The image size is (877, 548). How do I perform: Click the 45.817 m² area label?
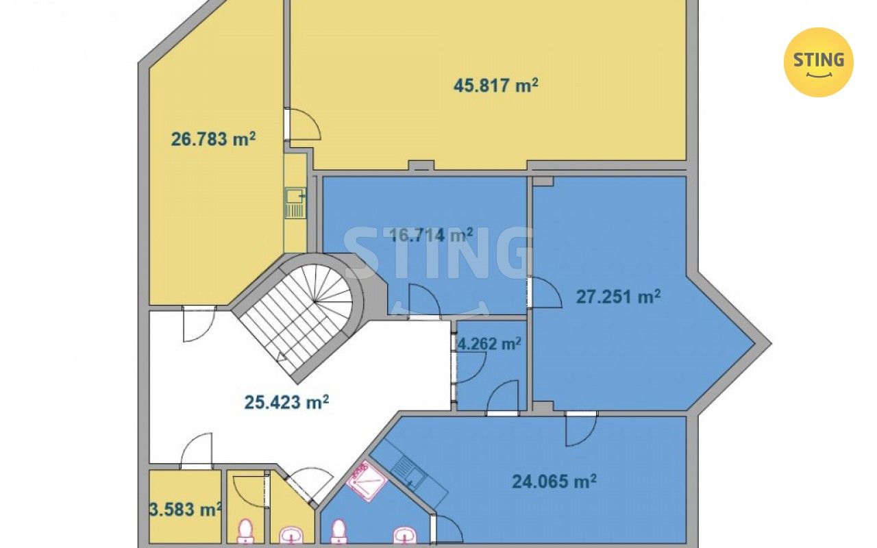[495, 86]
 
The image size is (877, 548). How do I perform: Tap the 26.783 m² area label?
[213, 139]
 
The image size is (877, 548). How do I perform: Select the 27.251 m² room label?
[618, 297]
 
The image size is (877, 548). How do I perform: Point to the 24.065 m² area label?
[554, 481]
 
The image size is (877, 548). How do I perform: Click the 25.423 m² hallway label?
[286, 401]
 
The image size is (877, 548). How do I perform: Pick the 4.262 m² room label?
[489, 344]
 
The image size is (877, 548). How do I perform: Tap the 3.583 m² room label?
[186, 509]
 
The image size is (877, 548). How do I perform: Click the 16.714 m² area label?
[432, 235]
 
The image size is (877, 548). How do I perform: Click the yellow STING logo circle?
[819, 62]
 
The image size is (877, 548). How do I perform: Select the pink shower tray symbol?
[367, 481]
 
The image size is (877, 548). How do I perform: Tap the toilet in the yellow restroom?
[245, 532]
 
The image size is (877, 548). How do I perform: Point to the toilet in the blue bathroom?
[338, 532]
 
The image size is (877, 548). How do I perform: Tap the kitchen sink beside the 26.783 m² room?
[295, 203]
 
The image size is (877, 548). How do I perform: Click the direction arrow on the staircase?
[281, 356]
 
